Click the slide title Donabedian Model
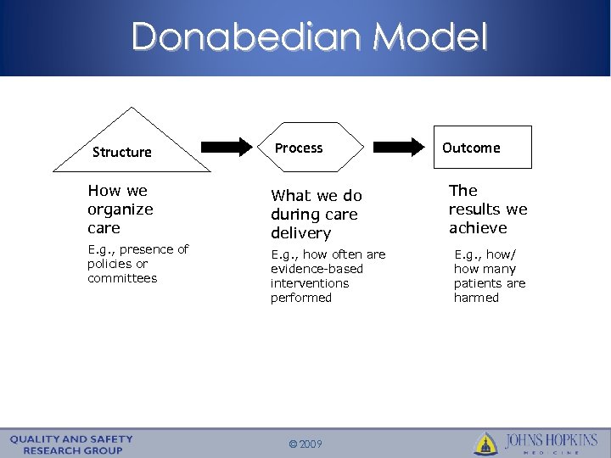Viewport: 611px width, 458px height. coord(310,37)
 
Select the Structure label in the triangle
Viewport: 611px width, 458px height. coord(121,153)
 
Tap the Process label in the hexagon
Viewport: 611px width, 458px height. coord(299,148)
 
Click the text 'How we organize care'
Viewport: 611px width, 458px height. coord(120,209)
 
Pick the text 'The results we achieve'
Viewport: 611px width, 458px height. coord(487,209)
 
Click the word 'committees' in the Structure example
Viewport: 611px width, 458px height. coord(121,278)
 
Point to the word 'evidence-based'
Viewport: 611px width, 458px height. coord(317,269)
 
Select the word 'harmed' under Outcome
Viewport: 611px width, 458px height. coord(476,298)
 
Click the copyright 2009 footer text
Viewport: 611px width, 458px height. coord(305,443)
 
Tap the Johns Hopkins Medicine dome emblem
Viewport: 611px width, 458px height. coord(485,443)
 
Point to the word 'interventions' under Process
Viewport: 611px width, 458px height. coord(310,283)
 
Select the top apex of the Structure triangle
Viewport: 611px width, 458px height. coord(132,108)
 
